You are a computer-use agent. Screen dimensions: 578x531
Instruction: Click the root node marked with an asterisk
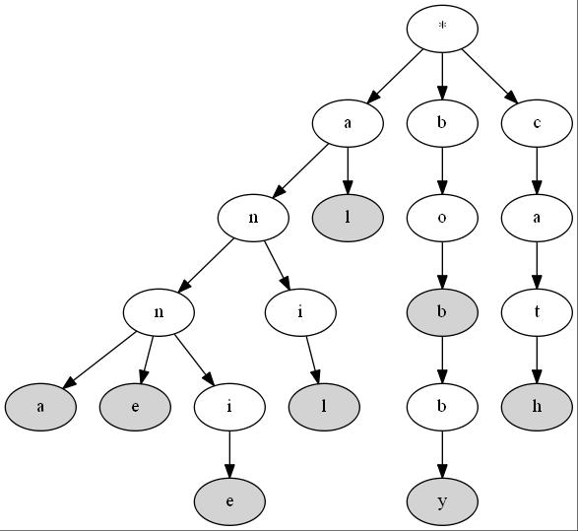pos(442,29)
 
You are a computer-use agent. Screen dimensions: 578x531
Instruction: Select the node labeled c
pos(537,123)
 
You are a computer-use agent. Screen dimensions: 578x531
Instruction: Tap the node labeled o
pos(442,218)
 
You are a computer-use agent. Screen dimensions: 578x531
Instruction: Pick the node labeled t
pos(537,312)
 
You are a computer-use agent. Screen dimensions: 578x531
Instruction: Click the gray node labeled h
pos(537,407)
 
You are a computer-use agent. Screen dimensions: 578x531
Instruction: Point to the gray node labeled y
pos(442,501)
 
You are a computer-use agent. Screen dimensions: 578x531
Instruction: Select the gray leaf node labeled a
pos(40,407)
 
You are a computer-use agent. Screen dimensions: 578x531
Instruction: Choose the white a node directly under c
pos(537,218)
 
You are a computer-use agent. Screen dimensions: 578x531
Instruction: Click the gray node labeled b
pos(442,312)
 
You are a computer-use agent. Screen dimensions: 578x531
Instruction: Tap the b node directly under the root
pos(442,123)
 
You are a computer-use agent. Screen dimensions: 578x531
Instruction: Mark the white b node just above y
pos(442,407)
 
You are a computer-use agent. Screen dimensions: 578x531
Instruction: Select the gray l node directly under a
pos(348,218)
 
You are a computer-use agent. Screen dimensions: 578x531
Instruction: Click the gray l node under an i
pos(324,407)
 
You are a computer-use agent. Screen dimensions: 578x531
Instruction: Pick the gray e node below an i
pos(229,501)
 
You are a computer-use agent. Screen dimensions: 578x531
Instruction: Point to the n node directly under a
pos(253,218)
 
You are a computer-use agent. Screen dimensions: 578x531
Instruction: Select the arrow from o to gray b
pos(442,265)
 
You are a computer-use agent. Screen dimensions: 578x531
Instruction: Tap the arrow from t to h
pos(537,360)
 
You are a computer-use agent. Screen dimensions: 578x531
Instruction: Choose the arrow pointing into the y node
pos(442,454)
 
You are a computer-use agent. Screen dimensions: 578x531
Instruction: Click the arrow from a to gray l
pos(348,170)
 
